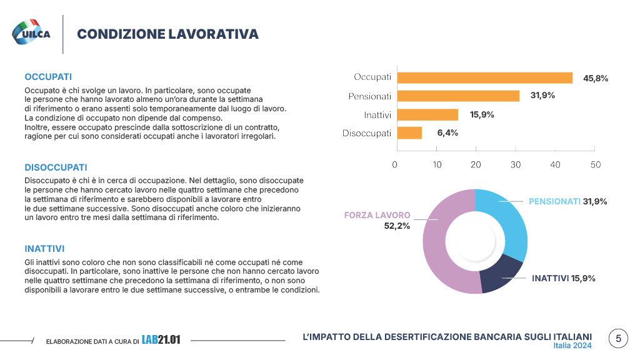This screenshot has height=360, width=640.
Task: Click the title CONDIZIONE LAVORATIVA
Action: point(167,34)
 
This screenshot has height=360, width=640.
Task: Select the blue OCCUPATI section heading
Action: point(48,77)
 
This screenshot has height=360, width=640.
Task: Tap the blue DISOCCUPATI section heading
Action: point(56,167)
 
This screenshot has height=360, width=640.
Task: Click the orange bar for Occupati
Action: point(485,77)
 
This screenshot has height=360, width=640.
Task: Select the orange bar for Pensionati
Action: point(459,96)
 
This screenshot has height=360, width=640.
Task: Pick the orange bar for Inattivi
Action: point(427,114)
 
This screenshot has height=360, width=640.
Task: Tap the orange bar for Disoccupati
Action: point(409,132)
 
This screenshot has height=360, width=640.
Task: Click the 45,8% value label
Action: point(595,78)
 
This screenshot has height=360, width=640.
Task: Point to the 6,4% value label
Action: point(447,132)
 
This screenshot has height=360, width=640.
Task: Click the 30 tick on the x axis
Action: point(516,164)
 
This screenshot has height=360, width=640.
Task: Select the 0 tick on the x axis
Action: point(395,164)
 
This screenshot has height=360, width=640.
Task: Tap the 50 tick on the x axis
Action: point(596,164)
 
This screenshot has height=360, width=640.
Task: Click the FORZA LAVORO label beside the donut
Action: point(377,215)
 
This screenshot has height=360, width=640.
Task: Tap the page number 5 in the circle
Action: point(618,339)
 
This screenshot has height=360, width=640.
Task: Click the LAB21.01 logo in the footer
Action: point(161,340)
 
